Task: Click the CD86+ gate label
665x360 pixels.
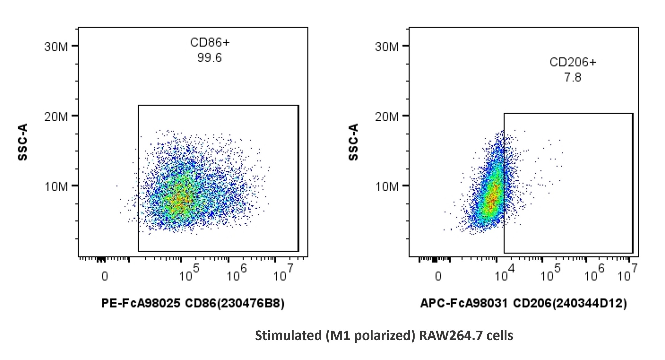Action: point(210,43)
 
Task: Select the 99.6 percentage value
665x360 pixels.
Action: point(210,58)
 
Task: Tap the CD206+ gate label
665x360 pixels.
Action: point(573,62)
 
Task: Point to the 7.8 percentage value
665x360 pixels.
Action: point(573,77)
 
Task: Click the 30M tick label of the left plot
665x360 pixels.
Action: point(56,47)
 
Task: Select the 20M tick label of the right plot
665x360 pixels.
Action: point(387,117)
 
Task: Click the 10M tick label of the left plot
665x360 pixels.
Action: point(56,187)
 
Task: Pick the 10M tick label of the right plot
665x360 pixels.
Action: point(387,187)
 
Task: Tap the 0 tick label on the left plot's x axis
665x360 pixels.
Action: point(105,276)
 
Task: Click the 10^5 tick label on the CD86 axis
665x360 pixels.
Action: point(189,273)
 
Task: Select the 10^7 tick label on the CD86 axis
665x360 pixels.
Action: point(283,273)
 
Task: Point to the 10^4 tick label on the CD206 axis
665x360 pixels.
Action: point(505,273)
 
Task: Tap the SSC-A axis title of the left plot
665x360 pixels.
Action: point(23,142)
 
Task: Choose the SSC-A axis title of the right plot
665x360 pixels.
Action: point(353,142)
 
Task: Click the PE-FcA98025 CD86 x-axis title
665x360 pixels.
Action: point(193,303)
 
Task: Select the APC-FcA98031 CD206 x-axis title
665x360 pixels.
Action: point(523,303)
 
